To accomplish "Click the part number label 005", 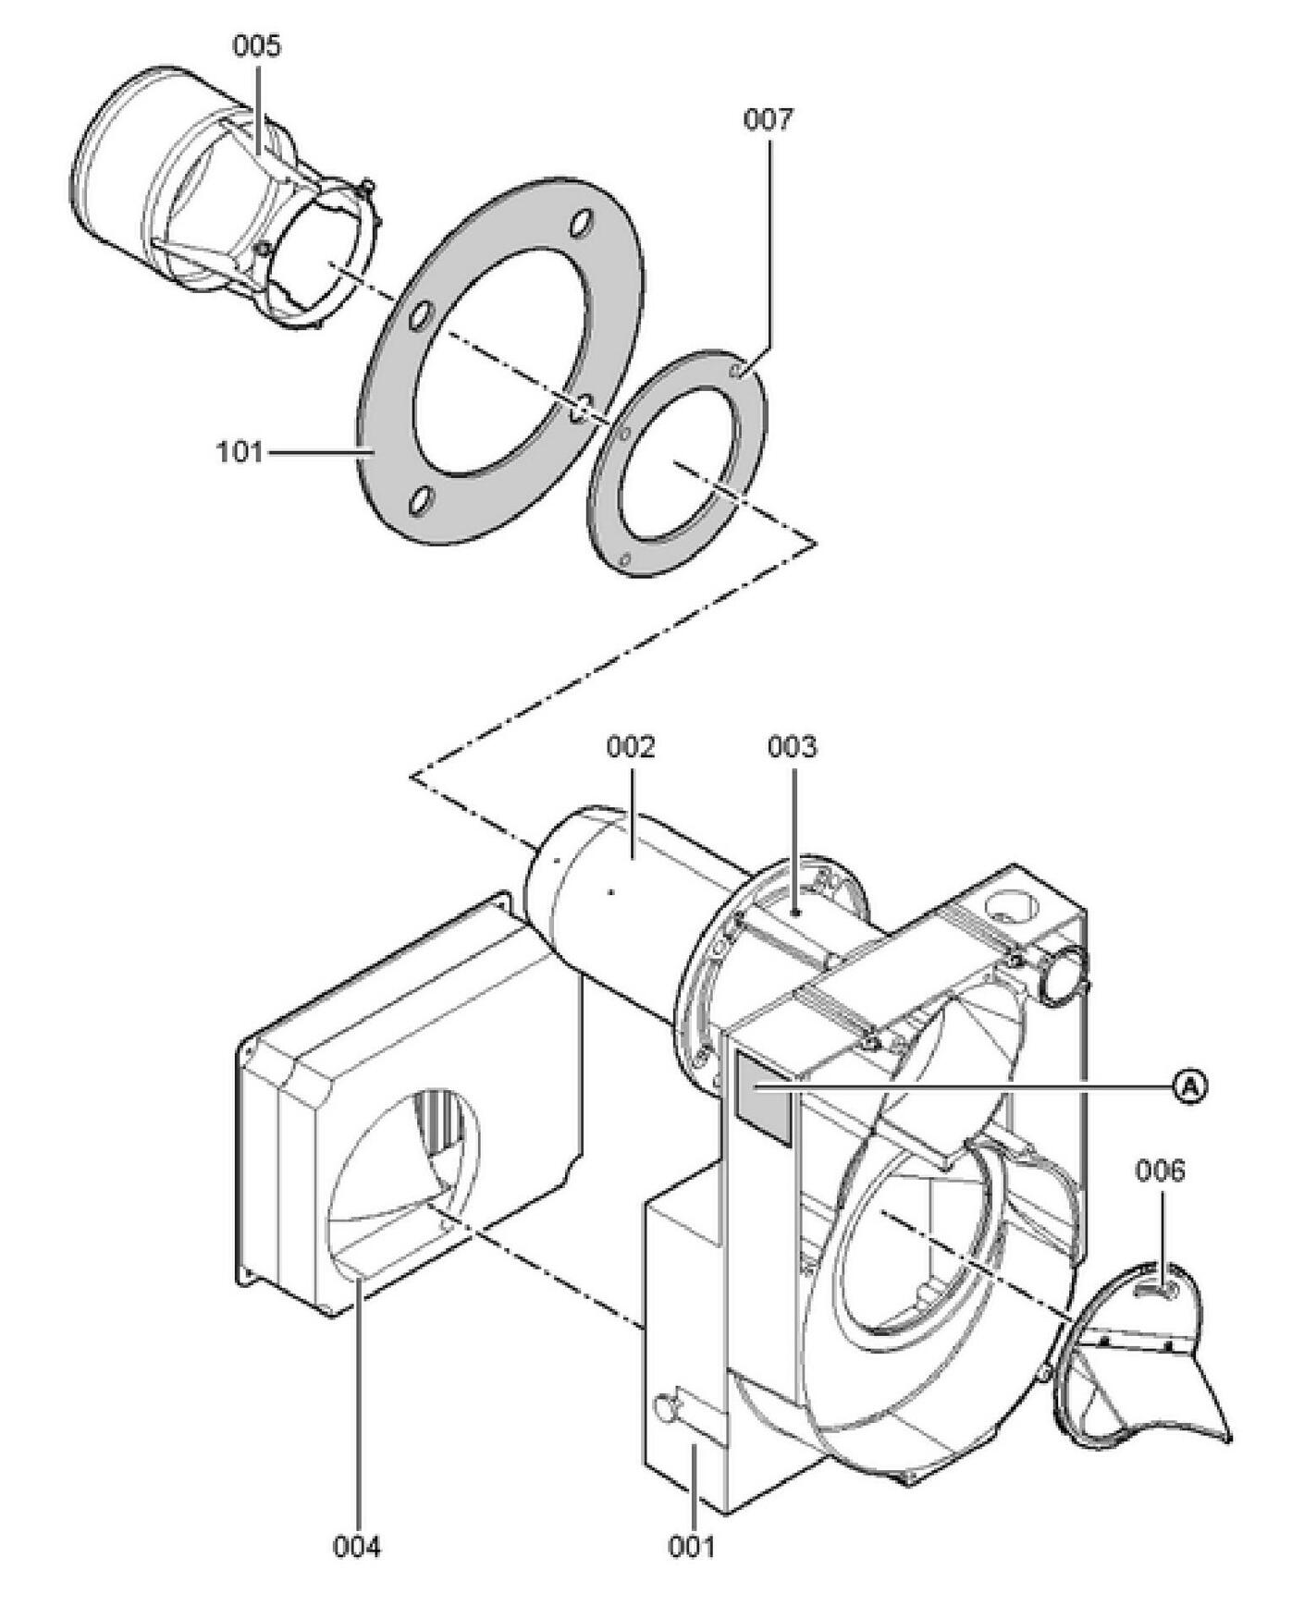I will pos(256,46).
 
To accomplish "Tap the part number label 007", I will pos(769,120).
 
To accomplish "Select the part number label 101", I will pos(240,452).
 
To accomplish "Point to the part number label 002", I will pos(631,747).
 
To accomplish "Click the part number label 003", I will pos(793,747).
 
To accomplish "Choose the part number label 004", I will pos(357,1546).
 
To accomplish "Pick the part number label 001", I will pos(692,1546).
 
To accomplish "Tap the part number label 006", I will pos(1160,1171).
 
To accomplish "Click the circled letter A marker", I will pos(1191,1087).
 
